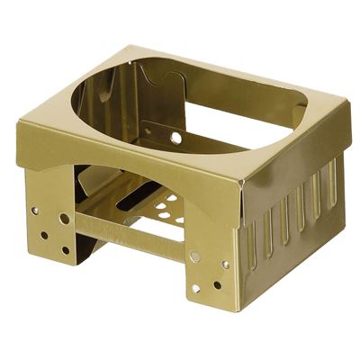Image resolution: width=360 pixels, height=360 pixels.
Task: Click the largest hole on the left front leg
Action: pyautogui.click(x=64, y=219)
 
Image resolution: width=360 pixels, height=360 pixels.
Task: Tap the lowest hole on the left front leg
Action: pyautogui.click(x=65, y=250)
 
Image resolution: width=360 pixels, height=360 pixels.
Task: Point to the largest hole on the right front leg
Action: pyautogui.click(x=194, y=256)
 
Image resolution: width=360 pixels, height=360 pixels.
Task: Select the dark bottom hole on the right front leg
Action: pyautogui.click(x=217, y=285)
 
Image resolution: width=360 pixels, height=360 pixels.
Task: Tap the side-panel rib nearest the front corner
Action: pyautogui.click(x=251, y=244)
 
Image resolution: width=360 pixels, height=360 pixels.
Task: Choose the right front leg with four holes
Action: pyautogui.click(x=207, y=265)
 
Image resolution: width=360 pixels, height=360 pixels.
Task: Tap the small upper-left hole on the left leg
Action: pyautogui.click(x=35, y=211)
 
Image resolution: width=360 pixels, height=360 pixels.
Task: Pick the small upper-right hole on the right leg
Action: pyautogui.click(x=225, y=265)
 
